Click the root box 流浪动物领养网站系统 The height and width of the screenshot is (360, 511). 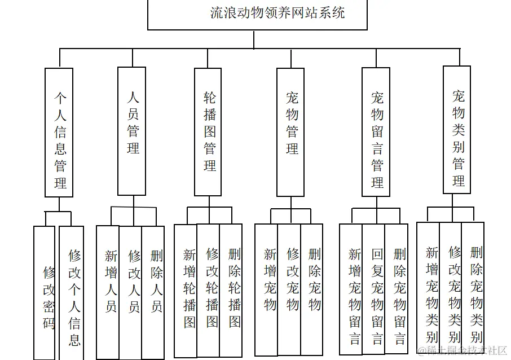257,14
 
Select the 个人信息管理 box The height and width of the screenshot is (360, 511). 59,133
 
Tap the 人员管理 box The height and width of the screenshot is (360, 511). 132,131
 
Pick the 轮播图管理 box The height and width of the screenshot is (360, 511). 208,133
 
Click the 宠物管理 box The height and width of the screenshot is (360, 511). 290,133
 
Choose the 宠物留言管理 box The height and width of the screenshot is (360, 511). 376,133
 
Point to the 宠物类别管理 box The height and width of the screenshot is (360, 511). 457,130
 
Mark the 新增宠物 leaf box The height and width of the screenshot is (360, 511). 267,288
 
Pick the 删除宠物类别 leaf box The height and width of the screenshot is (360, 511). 473,287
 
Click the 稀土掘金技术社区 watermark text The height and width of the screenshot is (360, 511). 462,351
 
